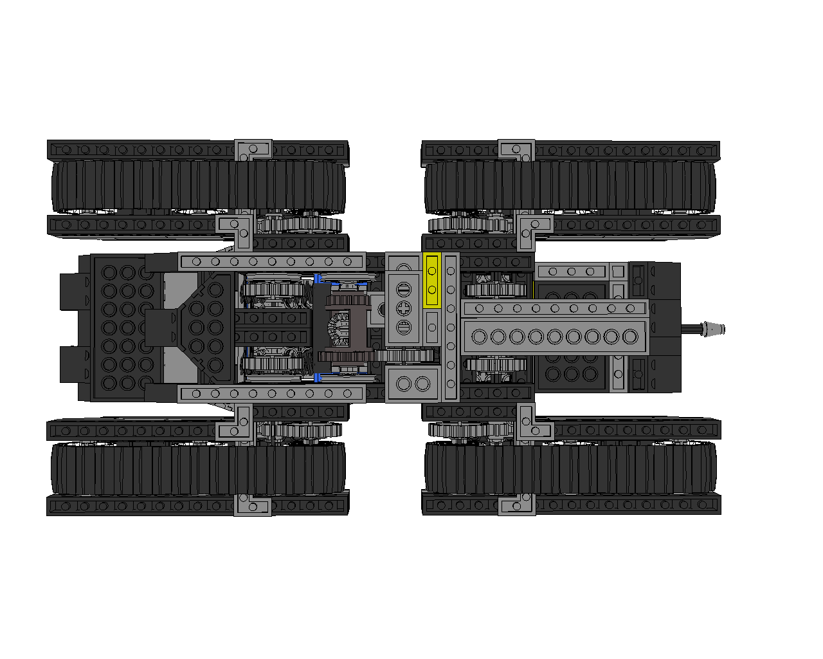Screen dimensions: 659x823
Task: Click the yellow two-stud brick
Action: pos(432,281)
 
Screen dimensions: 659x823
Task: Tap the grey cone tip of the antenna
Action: pos(714,329)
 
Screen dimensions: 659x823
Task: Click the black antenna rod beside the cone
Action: pos(692,329)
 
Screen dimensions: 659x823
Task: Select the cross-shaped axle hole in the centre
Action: pos(404,308)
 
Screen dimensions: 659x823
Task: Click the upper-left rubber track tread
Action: pos(198,187)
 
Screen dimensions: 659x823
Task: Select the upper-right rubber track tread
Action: pos(570,187)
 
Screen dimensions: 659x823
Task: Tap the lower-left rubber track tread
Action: pos(198,469)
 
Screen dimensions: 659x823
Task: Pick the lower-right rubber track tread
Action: pos(570,469)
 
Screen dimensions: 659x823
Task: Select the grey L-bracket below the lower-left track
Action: pos(253,505)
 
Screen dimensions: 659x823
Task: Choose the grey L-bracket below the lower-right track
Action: pos(516,505)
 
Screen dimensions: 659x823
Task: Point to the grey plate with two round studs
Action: pos(412,384)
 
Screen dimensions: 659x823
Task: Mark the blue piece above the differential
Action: pos(317,279)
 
